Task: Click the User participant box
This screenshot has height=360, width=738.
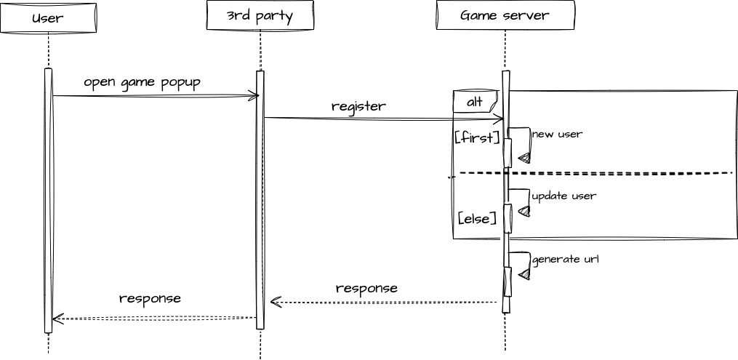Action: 48,18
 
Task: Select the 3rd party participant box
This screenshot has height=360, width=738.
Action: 260,15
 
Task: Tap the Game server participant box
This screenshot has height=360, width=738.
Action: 505,15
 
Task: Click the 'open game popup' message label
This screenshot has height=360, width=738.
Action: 142,81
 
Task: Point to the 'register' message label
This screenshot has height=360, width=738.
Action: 358,106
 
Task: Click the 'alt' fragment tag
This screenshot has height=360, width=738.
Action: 475,102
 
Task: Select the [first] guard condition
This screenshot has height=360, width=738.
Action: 477,137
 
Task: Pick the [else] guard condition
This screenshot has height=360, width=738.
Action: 477,217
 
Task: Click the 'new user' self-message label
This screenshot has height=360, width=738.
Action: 557,134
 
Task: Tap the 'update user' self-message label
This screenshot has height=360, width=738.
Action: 563,196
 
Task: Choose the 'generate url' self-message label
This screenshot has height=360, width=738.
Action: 565,259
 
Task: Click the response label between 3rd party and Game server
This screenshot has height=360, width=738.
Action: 366,288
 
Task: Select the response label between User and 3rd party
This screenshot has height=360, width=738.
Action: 150,298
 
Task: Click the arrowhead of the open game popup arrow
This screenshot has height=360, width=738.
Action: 254,96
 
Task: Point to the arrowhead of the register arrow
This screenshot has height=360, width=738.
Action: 498,119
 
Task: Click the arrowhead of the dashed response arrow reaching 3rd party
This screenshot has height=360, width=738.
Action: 274,302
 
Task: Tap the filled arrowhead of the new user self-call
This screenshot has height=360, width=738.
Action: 524,157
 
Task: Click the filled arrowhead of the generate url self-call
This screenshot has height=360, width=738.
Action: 524,274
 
